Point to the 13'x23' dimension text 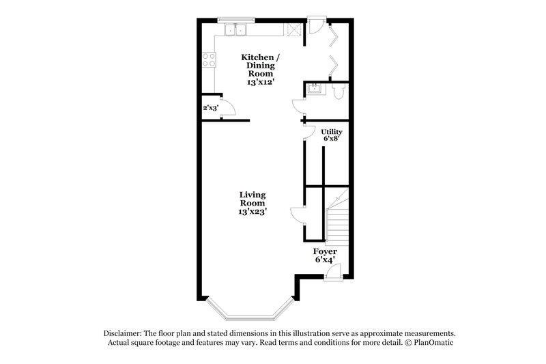[x=253, y=211]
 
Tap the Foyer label [x=325, y=251]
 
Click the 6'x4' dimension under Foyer [x=325, y=260]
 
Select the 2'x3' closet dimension [x=210, y=108]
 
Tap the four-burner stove [x=207, y=60]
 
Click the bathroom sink [x=315, y=88]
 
